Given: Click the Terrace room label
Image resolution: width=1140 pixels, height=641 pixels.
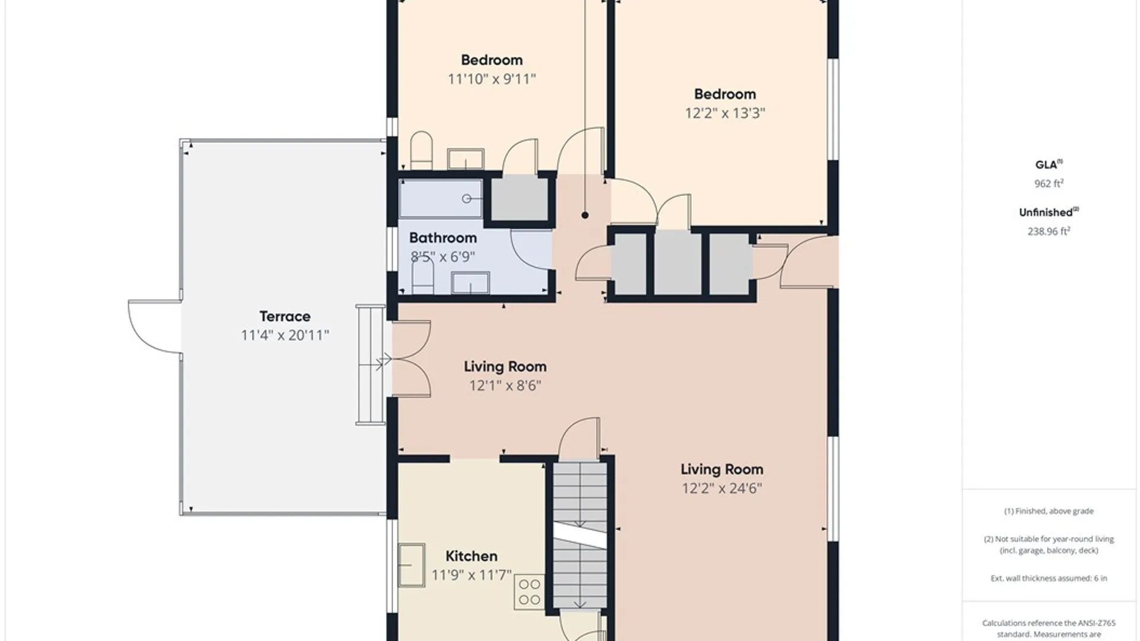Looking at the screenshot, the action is point(284,316).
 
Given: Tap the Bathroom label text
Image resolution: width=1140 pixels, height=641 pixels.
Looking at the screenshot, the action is point(443,238).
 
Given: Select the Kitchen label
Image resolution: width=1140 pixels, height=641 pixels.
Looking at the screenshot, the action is point(471,556).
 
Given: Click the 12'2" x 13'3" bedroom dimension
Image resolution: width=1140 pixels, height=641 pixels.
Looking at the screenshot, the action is point(725,113).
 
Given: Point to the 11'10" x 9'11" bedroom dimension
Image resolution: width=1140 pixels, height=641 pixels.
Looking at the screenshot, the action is point(492,79).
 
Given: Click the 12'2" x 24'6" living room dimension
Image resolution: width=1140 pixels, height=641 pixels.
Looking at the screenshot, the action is point(722,488).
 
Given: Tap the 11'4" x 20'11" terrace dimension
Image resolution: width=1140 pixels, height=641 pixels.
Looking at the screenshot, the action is point(284,335).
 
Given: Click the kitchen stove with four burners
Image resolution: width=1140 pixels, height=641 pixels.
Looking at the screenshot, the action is point(529,592).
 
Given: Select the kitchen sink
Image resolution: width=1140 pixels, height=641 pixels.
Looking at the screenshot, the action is point(411,565).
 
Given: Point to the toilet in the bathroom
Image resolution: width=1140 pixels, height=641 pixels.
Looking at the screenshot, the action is point(423,277).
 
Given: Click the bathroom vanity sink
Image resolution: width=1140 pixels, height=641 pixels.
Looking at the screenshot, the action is point(470,283).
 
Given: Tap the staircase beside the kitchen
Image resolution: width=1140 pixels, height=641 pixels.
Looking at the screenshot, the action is point(580,535).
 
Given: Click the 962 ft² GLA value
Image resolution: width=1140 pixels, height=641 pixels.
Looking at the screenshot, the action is point(1049,183).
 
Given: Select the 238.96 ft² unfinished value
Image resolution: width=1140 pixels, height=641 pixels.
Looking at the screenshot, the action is point(1049,231).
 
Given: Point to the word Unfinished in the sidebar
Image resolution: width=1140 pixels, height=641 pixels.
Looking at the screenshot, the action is point(1046,212).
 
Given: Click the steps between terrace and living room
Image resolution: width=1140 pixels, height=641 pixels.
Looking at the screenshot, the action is point(370,364).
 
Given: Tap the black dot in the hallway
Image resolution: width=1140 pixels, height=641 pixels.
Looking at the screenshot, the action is point(585,215).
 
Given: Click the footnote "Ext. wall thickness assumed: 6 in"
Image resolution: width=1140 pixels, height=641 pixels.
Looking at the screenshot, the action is point(1049,578).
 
